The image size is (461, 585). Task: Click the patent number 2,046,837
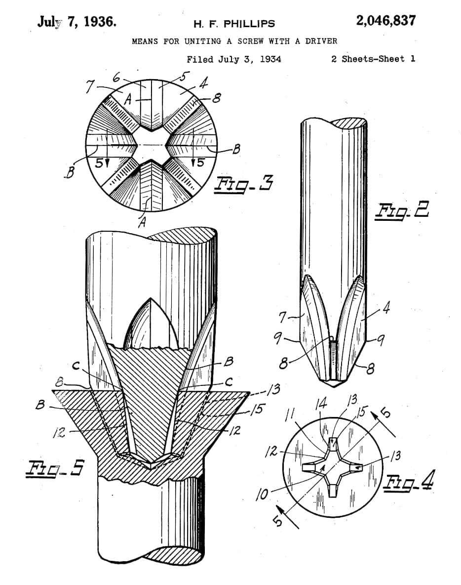(385, 21)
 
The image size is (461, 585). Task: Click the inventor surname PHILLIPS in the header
(249, 24)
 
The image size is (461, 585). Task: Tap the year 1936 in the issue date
(100, 21)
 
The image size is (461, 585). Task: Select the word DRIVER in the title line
(321, 41)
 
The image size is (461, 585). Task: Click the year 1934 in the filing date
(270, 59)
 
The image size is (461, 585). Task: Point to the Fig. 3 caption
(243, 184)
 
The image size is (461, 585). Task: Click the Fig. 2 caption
(402, 210)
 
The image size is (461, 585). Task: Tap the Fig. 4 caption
(409, 482)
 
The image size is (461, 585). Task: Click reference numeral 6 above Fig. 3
(116, 77)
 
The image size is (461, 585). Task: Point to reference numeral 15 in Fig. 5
(256, 409)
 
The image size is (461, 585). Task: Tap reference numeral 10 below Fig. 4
(263, 495)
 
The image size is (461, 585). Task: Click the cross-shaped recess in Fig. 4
(333, 468)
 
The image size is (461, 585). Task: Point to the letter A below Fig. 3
(142, 222)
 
